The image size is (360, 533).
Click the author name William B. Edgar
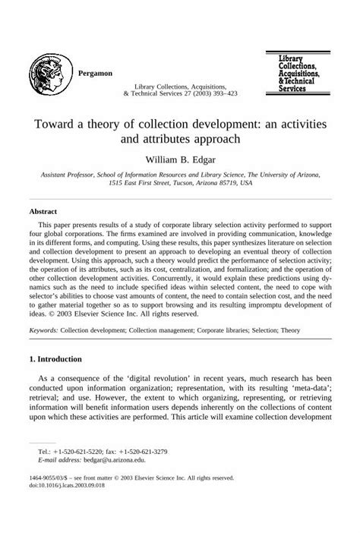coord(179,159)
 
